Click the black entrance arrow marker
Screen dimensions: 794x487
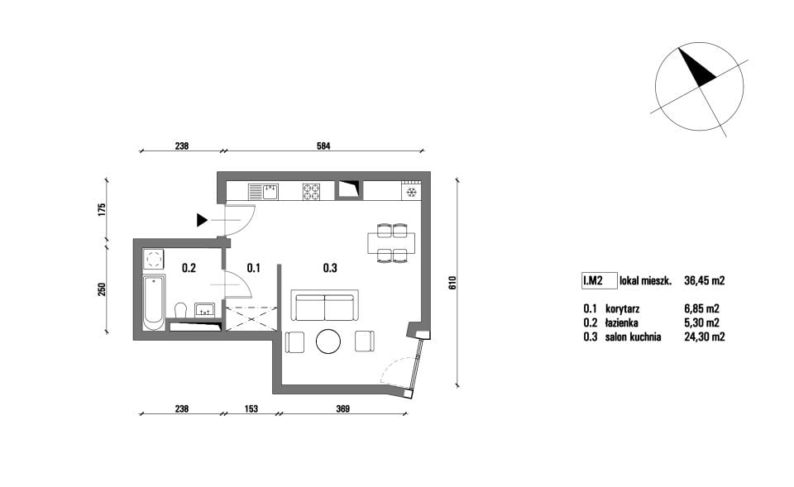coord(202,220)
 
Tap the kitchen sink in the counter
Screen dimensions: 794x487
coord(263,192)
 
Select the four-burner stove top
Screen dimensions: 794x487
coord(312,192)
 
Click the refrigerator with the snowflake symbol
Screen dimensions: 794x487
coord(411,190)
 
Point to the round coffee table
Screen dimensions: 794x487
coord(328,341)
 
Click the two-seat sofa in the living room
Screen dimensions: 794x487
coord(325,305)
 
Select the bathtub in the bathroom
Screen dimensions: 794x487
coord(154,303)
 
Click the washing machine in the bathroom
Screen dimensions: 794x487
coord(154,260)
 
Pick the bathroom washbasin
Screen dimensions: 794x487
coord(205,310)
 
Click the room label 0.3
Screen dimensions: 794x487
coord(330,268)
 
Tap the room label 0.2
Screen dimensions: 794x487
coord(189,268)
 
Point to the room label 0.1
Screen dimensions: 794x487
coord(253,268)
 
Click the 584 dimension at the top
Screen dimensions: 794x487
coord(323,146)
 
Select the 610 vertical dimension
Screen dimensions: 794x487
coord(452,283)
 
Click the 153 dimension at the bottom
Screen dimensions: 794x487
coord(251,408)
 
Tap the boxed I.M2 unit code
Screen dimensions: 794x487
coord(600,280)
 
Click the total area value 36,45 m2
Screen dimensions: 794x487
coord(705,280)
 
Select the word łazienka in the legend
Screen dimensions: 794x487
coord(621,322)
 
